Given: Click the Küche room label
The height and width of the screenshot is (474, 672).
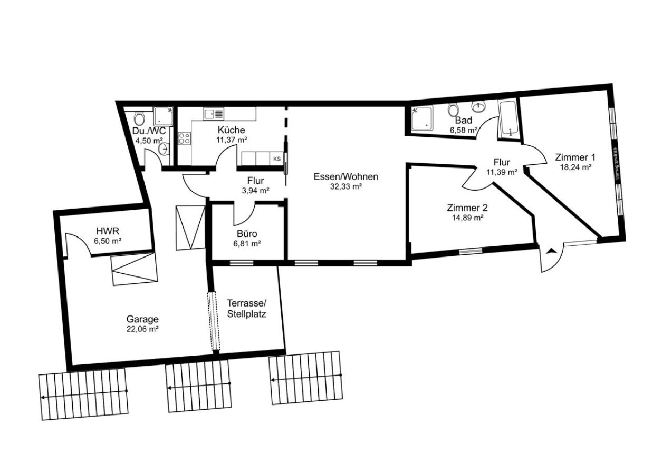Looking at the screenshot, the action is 231,130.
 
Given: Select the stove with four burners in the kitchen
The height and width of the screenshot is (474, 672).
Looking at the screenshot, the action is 184,139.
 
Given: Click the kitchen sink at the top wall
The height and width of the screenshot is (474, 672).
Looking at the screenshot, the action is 214,114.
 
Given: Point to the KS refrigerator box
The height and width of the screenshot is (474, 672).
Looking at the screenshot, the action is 277,159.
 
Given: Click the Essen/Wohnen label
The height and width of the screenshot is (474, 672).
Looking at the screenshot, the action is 345,177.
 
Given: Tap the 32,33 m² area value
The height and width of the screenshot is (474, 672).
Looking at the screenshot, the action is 345,186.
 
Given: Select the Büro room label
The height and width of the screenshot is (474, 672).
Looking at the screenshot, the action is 247,233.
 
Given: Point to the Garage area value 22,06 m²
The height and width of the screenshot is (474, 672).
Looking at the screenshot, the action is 142,329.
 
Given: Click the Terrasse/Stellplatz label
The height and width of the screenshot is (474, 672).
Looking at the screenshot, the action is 247,308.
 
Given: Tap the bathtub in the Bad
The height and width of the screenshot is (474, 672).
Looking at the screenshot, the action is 508,118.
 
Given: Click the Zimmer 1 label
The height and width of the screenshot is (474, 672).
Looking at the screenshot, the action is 575,157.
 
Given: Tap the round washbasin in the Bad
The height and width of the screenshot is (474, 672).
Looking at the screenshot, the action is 479,107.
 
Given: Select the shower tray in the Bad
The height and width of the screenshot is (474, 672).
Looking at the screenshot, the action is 422,118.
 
